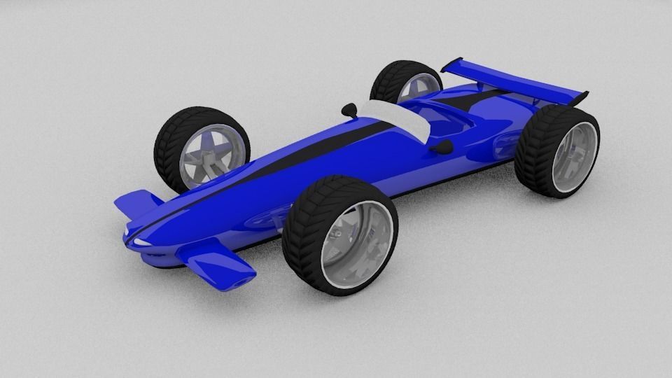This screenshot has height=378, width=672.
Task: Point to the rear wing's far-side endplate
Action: (451, 65)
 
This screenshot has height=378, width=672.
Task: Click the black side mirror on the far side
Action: (349, 109)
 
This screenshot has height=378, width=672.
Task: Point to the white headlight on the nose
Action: (139, 241)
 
